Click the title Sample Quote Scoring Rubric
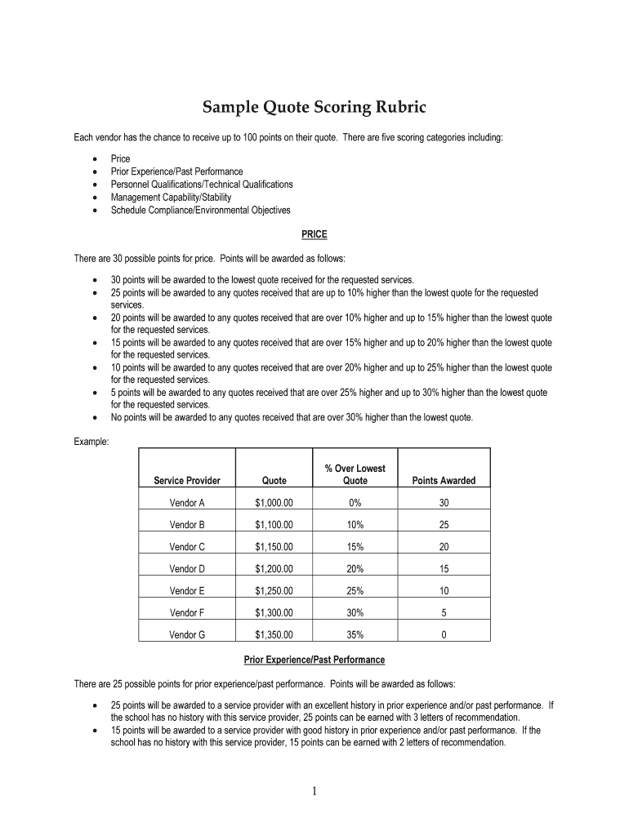314,108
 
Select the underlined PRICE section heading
314,234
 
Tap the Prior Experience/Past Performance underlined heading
314,659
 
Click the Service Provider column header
187,481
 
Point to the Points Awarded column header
444,481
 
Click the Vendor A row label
187,503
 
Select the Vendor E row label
187,590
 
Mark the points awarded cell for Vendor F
444,612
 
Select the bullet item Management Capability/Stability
171,198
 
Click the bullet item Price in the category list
120,158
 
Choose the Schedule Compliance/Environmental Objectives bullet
200,211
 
